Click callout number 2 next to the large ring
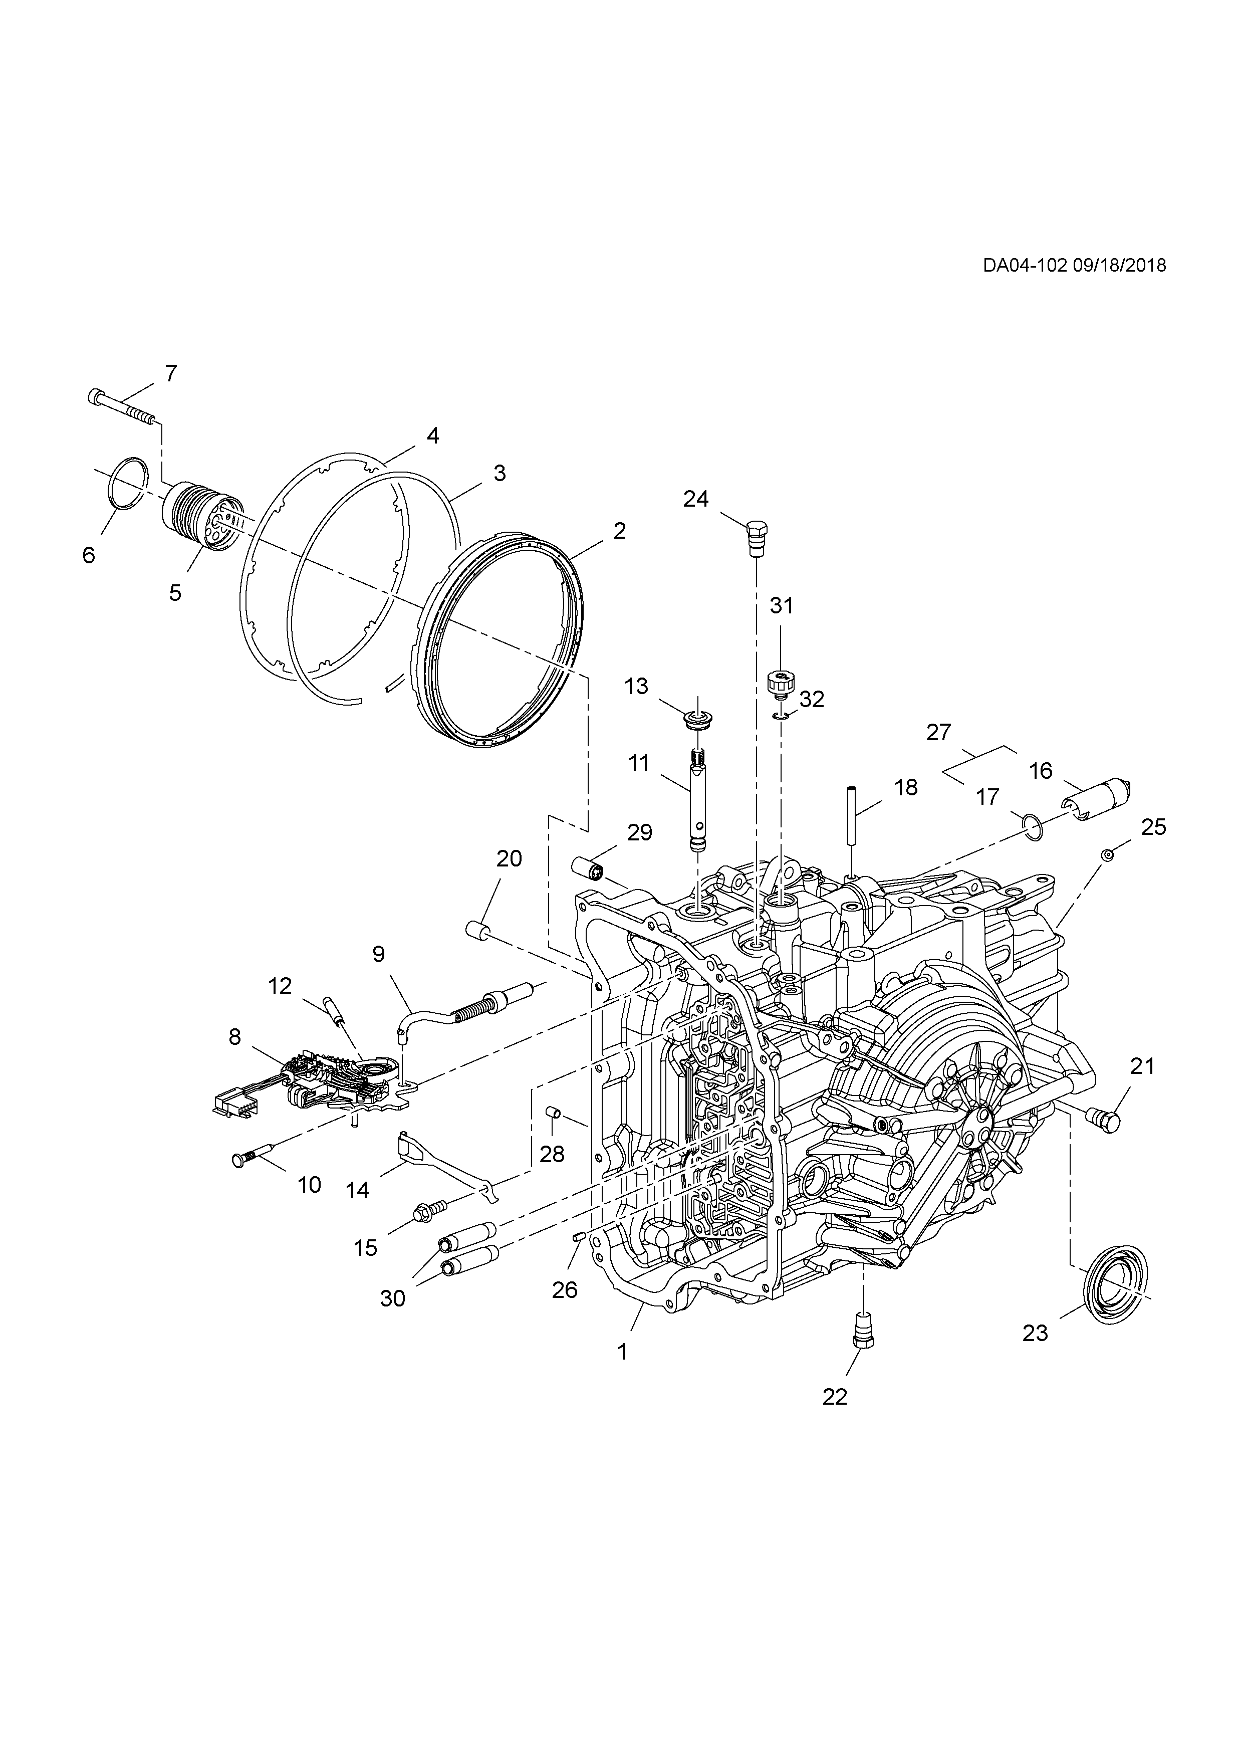point(618,531)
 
